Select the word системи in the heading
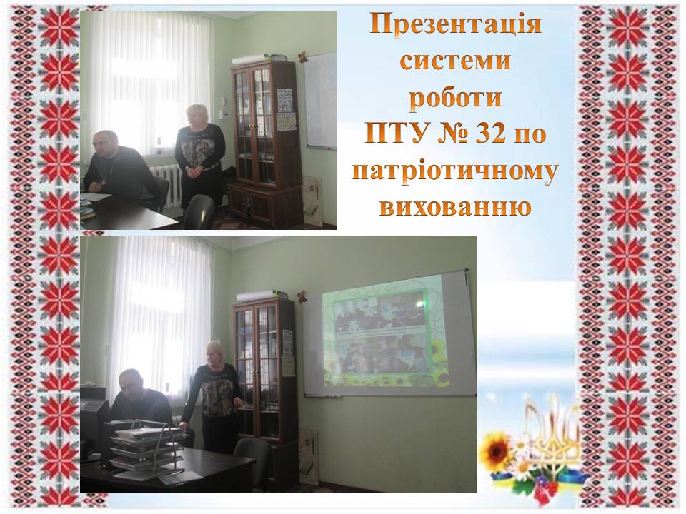click(455, 60)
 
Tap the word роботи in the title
click(455, 98)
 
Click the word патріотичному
click(455, 172)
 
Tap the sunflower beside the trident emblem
click(495, 452)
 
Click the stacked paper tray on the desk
click(146, 443)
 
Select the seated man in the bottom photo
click(139, 398)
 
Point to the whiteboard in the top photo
click(321, 101)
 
